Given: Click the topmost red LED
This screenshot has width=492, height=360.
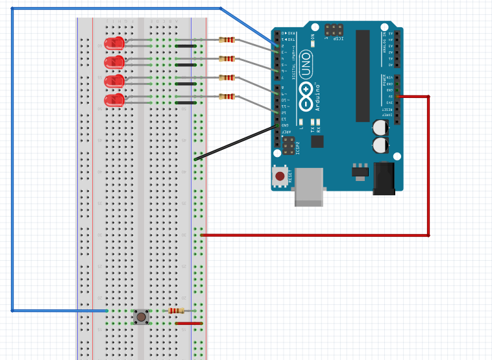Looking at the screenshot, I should [114, 43].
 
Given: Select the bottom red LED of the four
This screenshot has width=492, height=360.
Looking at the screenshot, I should [114, 100].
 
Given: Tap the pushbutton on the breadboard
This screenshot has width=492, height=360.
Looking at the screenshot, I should [141, 317].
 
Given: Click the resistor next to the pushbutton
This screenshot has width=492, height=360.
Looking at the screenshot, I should [176, 311].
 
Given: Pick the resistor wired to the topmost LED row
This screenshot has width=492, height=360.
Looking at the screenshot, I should [227, 40].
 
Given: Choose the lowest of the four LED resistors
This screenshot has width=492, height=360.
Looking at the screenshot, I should [227, 97].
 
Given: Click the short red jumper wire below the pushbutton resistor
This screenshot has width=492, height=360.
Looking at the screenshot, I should [189, 323].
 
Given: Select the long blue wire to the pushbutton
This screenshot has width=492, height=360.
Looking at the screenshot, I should [12, 162].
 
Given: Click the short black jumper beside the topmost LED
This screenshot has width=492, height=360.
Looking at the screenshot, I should [186, 46].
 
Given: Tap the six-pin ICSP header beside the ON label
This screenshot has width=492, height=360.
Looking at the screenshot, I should [334, 30].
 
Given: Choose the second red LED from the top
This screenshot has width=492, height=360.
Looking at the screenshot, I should [114, 62].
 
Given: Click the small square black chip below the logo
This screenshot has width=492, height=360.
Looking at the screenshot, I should [317, 141].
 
